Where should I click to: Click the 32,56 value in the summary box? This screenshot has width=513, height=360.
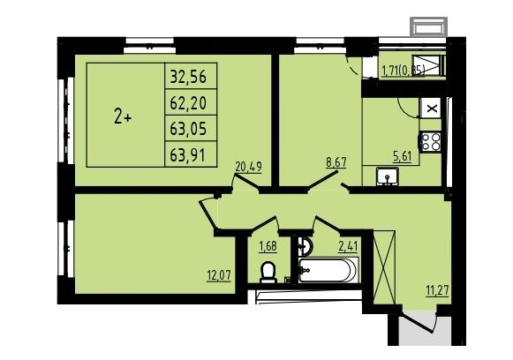pyautogui.click(x=188, y=77)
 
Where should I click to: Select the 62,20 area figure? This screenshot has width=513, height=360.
pyautogui.click(x=188, y=103)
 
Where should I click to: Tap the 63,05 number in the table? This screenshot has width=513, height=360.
pyautogui.click(x=188, y=129)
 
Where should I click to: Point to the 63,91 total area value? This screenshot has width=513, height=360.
pyautogui.click(x=188, y=154)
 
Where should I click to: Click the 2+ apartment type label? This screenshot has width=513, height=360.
pyautogui.click(x=123, y=117)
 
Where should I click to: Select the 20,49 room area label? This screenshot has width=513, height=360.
pyautogui.click(x=249, y=168)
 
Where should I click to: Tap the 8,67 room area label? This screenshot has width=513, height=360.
pyautogui.click(x=336, y=162)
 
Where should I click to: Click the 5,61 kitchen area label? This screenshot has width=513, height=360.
pyautogui.click(x=402, y=157)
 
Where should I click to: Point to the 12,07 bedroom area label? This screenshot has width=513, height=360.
pyautogui.click(x=219, y=275)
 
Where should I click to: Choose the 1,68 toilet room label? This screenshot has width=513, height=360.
pyautogui.click(x=268, y=246)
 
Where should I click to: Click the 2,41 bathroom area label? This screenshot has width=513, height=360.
pyautogui.click(x=348, y=246)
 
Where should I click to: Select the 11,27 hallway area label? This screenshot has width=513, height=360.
pyautogui.click(x=437, y=290)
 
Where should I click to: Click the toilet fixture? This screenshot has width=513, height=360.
pyautogui.click(x=268, y=272)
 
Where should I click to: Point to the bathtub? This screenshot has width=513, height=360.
pyautogui.click(x=328, y=270)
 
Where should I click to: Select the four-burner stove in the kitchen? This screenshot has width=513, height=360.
pyautogui.click(x=430, y=141)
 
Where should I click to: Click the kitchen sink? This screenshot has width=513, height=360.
pyautogui.click(x=387, y=176)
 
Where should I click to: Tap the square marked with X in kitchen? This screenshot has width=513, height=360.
pyautogui.click(x=432, y=109)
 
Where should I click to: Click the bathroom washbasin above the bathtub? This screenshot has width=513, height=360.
pyautogui.click(x=306, y=245)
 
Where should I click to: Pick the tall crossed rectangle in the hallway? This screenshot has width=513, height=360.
pyautogui.click(x=384, y=267)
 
